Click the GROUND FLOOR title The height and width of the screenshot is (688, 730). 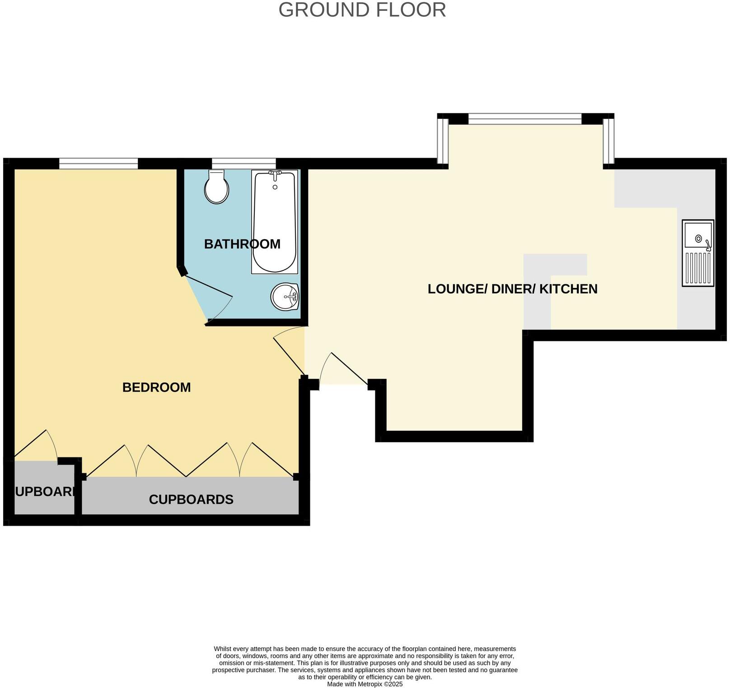click(362, 10)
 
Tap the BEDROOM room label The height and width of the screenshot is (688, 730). click(156, 387)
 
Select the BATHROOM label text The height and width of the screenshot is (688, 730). click(242, 244)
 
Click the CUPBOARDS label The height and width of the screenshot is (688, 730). click(191, 500)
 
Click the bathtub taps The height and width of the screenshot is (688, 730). click(275, 174)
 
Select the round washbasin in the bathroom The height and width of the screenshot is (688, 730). click(285, 297)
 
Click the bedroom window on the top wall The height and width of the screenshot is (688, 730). click(98, 164)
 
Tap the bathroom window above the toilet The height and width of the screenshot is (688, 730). click(244, 164)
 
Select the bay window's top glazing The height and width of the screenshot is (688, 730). click(525, 119)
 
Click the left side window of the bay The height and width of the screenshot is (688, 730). click(443, 141)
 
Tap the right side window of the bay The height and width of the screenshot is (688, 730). click(609, 141)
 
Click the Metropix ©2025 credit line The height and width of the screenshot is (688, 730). click(365, 684)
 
